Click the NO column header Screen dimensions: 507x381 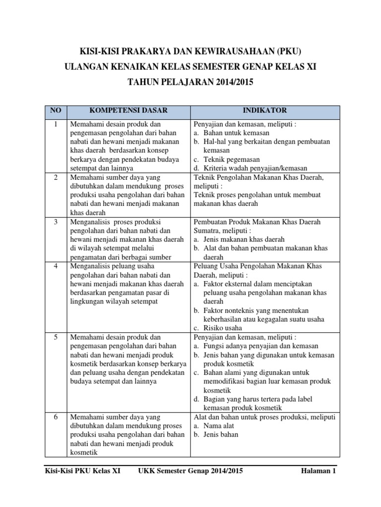(x=56, y=110)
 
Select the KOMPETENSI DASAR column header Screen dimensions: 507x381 (x=128, y=110)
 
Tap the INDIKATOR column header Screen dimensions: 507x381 (x=264, y=110)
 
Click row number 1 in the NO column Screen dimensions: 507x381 (x=56, y=124)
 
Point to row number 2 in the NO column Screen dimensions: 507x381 (x=56, y=177)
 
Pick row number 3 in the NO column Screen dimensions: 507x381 (x=56, y=222)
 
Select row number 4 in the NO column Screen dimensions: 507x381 (x=56, y=266)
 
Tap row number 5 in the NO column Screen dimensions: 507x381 (x=56, y=337)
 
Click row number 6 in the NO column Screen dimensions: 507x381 (x=56, y=417)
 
